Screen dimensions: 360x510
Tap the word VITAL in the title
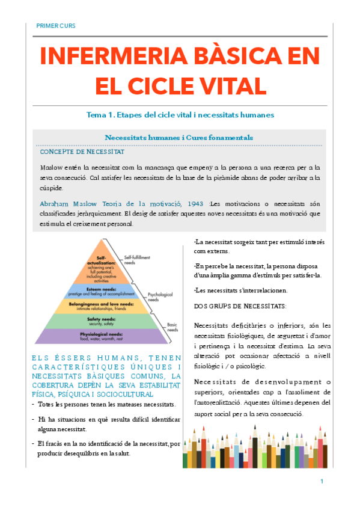tap(228, 84)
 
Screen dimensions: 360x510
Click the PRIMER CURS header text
tap(56, 26)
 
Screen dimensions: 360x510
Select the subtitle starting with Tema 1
tap(180, 114)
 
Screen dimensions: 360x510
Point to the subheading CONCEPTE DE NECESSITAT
tap(81, 152)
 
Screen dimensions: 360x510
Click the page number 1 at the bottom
tap(322, 481)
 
